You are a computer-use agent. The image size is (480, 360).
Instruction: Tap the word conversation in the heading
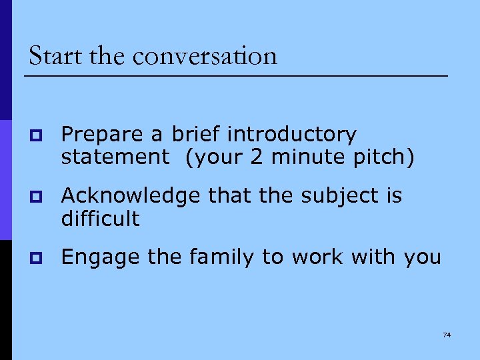[x=205, y=56]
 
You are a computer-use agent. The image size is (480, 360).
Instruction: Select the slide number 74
[x=447, y=334]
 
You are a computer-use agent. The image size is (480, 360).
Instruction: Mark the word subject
[x=333, y=196]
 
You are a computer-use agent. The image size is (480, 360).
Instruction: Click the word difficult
[x=100, y=218]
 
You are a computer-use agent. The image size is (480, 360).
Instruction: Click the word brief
[x=197, y=135]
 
